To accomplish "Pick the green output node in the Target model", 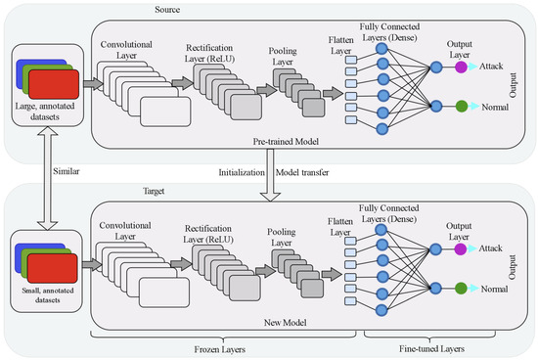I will (458, 290).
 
